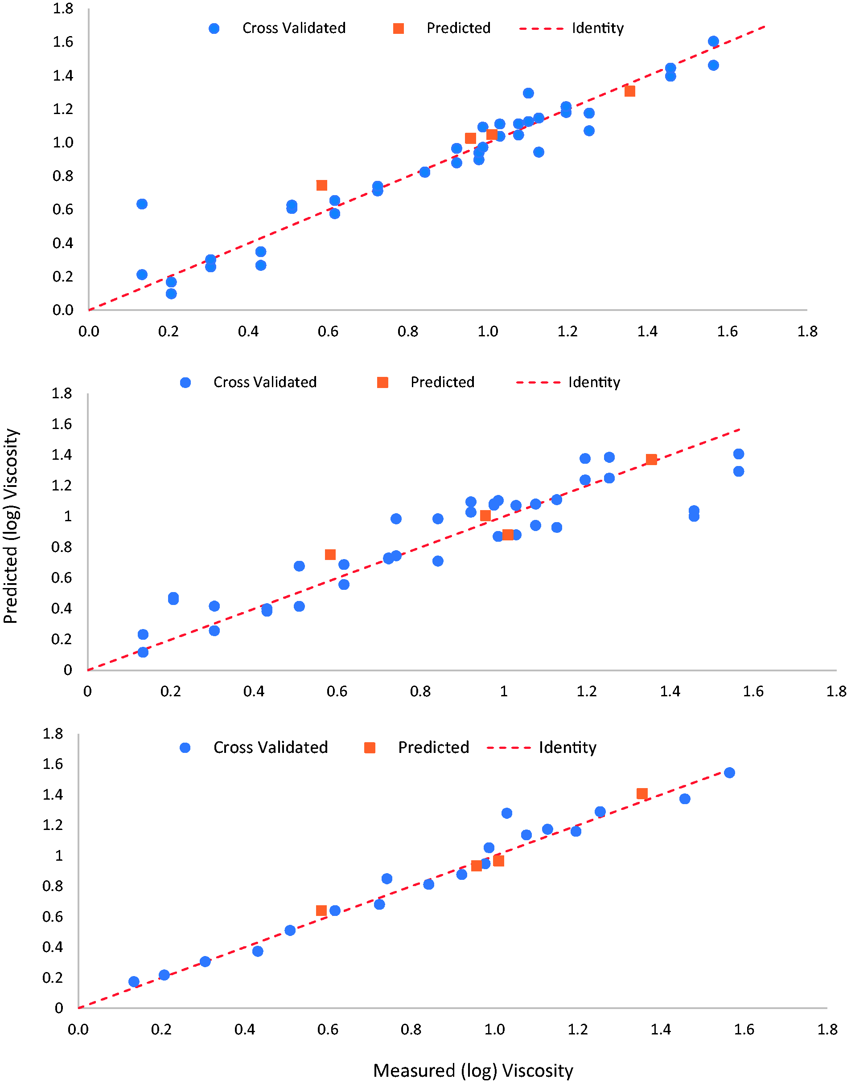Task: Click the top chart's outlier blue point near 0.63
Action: [142, 204]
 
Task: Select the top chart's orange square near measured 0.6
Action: [321, 185]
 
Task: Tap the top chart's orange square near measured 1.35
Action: [629, 91]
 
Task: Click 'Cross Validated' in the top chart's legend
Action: [294, 28]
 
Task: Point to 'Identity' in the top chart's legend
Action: [597, 28]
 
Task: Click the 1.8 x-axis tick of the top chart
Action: [807, 331]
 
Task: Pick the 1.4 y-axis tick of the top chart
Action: [63, 75]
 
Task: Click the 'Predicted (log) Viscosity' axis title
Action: [11, 526]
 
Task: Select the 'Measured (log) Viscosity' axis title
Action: [473, 1071]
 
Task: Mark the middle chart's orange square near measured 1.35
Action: [651, 459]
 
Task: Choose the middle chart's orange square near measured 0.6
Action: [330, 554]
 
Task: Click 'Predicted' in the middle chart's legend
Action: [443, 382]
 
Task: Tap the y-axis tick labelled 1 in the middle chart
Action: [68, 516]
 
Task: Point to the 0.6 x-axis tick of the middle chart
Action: [337, 691]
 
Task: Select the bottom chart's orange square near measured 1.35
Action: [642, 793]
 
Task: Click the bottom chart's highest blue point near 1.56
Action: [729, 772]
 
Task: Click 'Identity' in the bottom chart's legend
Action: [567, 747]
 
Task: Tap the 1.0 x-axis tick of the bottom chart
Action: [495, 1029]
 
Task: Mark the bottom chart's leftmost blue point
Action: [133, 981]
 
